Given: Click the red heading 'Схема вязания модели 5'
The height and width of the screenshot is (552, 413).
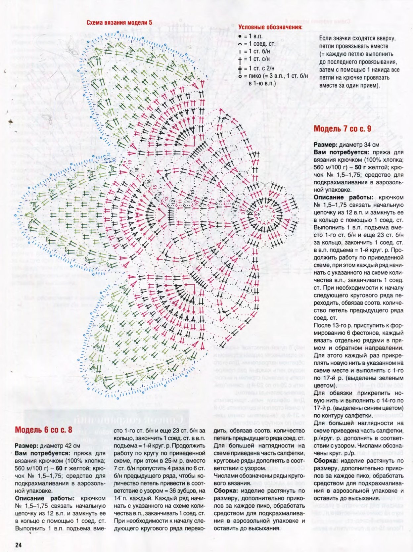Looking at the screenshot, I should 119,23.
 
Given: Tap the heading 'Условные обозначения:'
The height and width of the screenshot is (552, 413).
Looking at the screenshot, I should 270,27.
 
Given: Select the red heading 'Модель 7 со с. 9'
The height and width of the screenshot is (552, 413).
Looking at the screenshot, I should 342,129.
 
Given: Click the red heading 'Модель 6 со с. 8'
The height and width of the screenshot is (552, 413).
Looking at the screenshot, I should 43,430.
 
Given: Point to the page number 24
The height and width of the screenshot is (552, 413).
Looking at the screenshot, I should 18,545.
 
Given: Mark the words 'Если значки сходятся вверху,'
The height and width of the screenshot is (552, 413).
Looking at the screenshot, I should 357,38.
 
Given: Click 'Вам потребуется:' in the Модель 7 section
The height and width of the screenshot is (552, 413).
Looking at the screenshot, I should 341,152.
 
